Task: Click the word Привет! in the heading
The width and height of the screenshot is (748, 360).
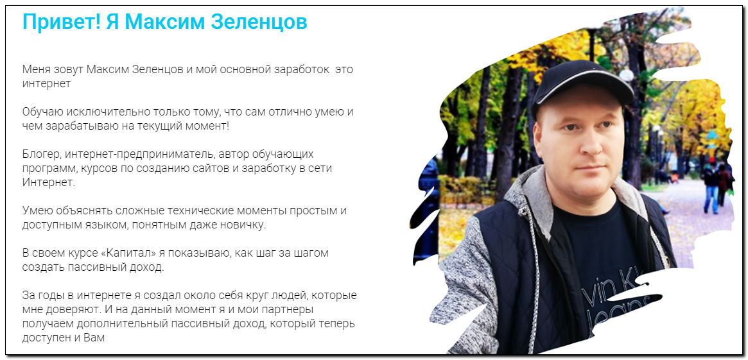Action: click(x=62, y=22)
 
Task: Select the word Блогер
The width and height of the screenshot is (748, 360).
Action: click(x=41, y=155)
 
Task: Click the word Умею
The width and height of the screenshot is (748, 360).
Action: click(x=37, y=210)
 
